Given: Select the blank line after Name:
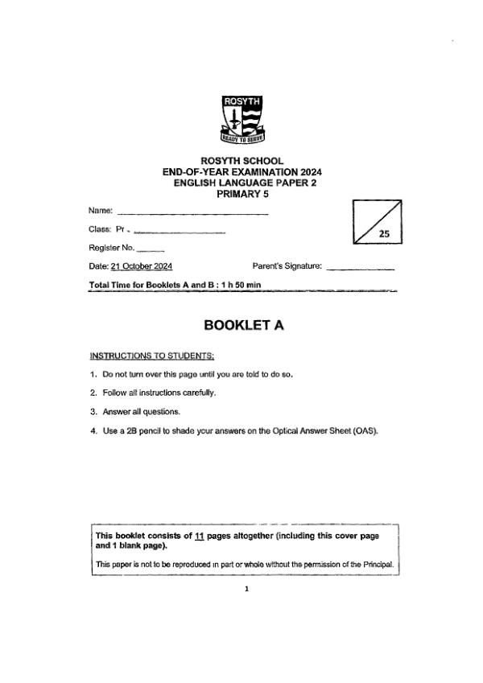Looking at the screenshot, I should coord(192,214).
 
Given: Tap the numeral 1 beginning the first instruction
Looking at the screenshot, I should coord(93,374).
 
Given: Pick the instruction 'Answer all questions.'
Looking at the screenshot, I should coord(135,411).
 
